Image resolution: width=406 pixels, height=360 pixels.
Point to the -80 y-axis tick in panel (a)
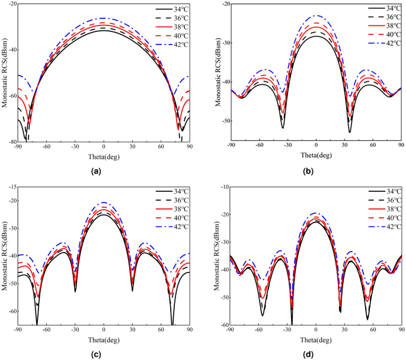11,142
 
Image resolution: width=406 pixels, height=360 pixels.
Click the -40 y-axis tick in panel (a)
11,49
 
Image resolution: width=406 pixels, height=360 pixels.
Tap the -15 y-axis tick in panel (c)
11,187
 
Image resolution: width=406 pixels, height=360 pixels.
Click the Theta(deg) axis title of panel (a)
104,155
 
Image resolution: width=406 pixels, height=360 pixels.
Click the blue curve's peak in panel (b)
316,15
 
